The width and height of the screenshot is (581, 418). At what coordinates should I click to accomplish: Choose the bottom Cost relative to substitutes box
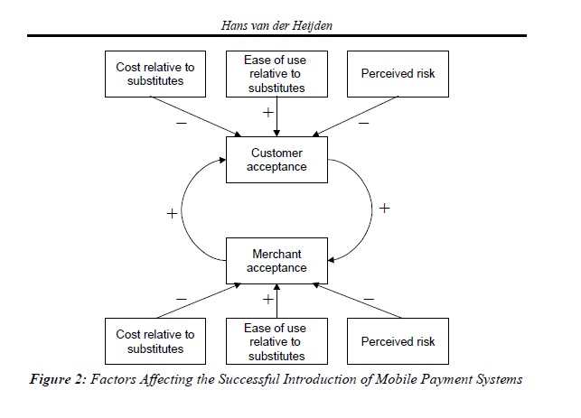(149, 341)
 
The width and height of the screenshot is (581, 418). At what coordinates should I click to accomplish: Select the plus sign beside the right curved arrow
(384, 208)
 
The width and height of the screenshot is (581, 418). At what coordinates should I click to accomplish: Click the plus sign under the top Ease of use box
(267, 114)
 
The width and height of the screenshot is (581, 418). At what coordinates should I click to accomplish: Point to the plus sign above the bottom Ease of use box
(267, 298)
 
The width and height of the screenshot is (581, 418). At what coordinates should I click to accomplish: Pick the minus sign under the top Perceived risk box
(363, 122)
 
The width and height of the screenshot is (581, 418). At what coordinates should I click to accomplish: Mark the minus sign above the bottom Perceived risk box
(369, 296)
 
